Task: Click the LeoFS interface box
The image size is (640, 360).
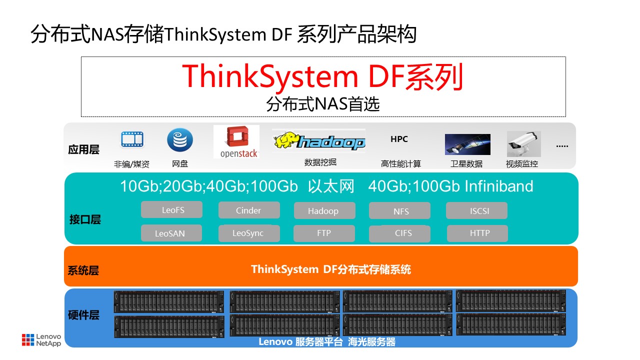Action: click(x=171, y=210)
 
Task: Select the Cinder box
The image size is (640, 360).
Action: click(x=249, y=210)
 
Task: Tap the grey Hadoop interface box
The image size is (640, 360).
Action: click(x=324, y=210)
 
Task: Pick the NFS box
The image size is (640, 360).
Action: click(x=399, y=211)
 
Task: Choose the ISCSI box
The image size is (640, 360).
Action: click(x=476, y=210)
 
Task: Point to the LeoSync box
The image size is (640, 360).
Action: click(x=249, y=233)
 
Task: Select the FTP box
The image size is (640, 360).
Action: click(x=324, y=233)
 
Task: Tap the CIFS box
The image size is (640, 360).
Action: click(x=399, y=233)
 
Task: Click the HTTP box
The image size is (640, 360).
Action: click(x=477, y=233)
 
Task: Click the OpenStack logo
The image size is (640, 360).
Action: click(x=236, y=142)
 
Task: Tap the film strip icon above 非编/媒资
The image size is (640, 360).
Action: click(x=132, y=139)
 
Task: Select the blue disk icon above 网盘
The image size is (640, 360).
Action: click(x=180, y=140)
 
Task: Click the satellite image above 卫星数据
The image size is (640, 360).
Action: click(x=467, y=144)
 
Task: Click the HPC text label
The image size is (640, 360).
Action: click(x=399, y=139)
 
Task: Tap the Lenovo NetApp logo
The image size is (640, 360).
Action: click(x=41, y=340)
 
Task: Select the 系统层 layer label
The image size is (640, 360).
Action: click(x=83, y=270)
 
